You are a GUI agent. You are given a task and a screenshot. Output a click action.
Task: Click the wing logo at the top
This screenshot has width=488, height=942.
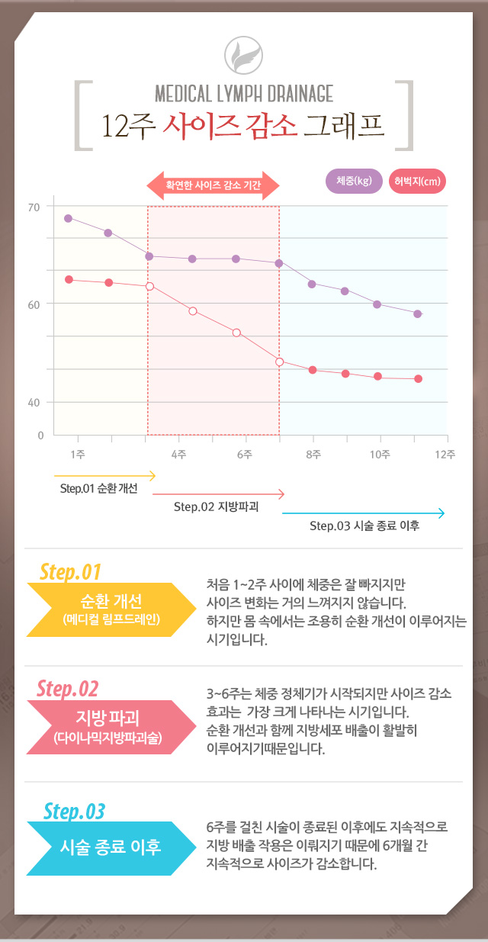(244, 55)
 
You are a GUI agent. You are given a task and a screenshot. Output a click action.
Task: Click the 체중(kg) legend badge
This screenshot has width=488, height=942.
(353, 181)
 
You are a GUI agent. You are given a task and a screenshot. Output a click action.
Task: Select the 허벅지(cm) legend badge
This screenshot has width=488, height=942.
(417, 182)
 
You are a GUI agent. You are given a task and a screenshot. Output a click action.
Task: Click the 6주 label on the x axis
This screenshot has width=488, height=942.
(244, 455)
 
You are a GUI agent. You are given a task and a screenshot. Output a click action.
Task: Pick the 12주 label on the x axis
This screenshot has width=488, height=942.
(445, 455)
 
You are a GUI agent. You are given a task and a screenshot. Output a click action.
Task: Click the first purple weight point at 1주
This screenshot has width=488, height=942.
(68, 218)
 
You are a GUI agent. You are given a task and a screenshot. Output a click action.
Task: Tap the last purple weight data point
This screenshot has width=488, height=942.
(418, 313)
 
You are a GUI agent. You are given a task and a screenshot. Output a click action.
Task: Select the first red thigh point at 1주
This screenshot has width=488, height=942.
(69, 279)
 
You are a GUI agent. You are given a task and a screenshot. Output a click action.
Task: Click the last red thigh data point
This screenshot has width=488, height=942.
(419, 379)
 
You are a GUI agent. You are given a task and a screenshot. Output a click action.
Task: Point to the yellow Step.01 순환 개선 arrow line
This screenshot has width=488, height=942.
(104, 476)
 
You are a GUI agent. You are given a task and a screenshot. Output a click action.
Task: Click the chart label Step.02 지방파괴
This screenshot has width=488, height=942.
(216, 506)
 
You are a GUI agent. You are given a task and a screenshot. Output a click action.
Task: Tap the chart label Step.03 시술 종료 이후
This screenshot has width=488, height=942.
(364, 526)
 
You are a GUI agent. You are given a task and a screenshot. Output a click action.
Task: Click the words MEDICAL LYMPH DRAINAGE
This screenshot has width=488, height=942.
(244, 94)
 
